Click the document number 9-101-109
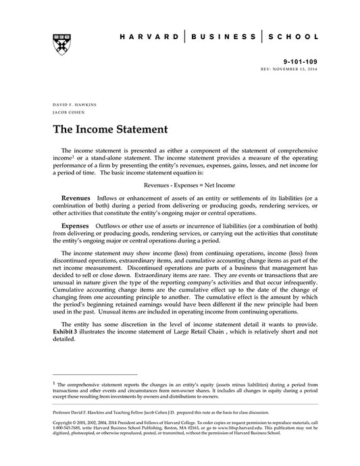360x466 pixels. click(300, 61)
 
